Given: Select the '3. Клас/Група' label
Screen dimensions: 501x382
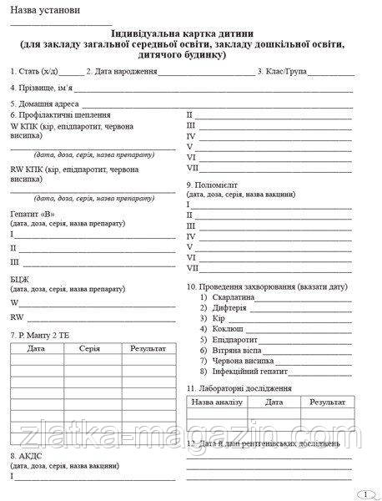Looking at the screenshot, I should coord(283,72).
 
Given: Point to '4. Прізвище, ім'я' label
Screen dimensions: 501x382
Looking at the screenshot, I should coord(42,87).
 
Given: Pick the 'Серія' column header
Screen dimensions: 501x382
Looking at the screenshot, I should coord(91,348).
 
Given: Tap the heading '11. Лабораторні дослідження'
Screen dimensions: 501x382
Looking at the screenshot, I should coord(239,388).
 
